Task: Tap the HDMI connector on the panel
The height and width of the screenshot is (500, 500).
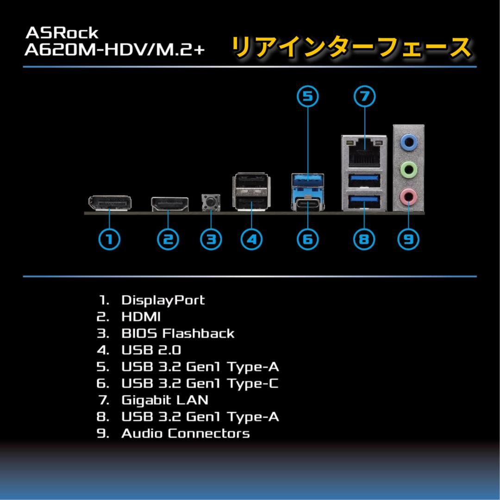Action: [x=169, y=204]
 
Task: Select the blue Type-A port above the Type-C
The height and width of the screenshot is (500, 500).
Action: [x=308, y=179]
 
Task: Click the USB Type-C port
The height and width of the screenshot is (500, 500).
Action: [x=308, y=204]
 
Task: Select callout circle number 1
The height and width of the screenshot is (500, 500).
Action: [x=110, y=239]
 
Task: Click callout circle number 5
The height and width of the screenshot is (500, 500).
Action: [x=308, y=96]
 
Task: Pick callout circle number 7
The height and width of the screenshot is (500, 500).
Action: [x=364, y=96]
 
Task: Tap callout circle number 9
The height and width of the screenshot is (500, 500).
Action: [x=408, y=239]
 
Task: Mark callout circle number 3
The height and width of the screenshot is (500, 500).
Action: [x=211, y=239]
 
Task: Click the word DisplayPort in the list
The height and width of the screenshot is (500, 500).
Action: [x=162, y=300]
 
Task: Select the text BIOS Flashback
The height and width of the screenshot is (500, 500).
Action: [x=178, y=333]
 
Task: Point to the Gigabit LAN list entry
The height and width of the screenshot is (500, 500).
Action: [x=164, y=400]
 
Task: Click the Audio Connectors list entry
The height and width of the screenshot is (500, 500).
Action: [x=185, y=433]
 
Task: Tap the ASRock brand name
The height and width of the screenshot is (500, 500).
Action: [x=62, y=33]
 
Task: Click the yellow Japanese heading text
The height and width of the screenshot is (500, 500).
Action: [x=350, y=48]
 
